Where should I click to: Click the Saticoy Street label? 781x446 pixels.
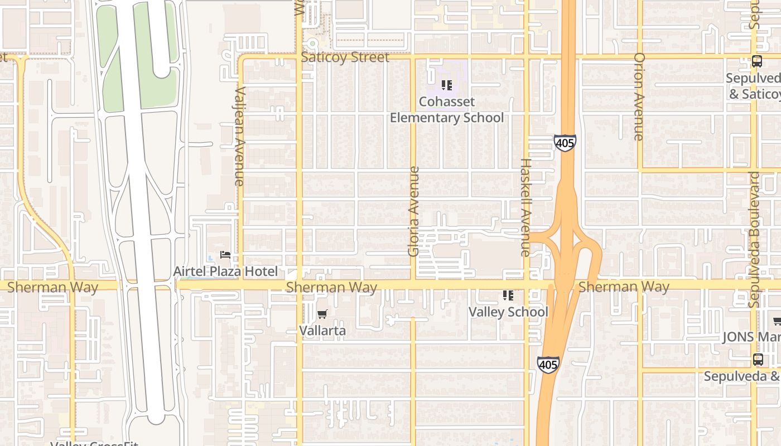tap(345, 57)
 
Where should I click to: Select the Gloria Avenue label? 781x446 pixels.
tap(413, 211)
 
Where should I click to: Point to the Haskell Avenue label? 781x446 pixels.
tap(526, 207)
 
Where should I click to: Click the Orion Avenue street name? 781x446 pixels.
tap(639, 96)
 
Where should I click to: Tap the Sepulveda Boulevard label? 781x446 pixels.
tap(754, 240)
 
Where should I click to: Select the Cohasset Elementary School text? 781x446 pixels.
tap(446, 110)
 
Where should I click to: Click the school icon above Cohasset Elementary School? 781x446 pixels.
tap(446, 85)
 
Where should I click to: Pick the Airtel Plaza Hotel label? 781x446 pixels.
tap(225, 272)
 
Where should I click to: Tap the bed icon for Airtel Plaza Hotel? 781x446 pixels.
tap(225, 255)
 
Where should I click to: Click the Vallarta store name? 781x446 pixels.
tap(322, 331)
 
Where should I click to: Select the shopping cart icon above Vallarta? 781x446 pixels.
tap(322, 314)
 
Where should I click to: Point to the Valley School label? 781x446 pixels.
tap(508, 312)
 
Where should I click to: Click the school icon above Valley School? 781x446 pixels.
tap(508, 295)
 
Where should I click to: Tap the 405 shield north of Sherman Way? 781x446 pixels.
tap(565, 143)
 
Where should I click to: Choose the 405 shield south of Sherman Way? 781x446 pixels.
tap(548, 365)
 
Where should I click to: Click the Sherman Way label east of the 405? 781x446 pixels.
tap(624, 287)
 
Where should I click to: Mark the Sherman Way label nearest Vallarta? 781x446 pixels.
tap(331, 287)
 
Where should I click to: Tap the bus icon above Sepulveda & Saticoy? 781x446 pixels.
tap(757, 62)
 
